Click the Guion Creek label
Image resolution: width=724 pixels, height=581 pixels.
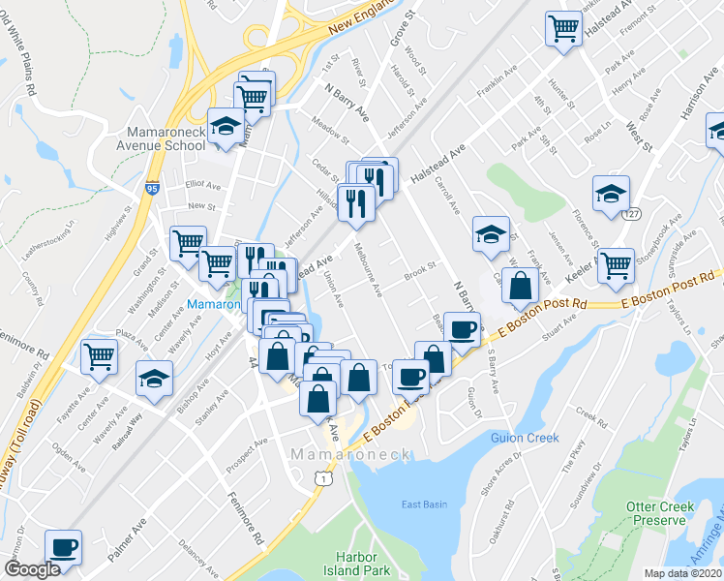click(x=528, y=438)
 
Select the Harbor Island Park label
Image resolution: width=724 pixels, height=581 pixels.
click(x=361, y=564)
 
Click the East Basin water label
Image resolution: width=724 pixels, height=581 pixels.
click(x=424, y=505)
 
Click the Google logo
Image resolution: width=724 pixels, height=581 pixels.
click(x=32, y=569)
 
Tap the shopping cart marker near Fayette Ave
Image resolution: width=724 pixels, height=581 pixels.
click(x=100, y=357)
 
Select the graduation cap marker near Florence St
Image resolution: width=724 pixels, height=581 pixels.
click(x=612, y=193)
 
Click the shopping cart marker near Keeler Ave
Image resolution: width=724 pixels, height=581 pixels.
click(x=616, y=265)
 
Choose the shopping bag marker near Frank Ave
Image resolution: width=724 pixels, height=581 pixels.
click(x=521, y=285)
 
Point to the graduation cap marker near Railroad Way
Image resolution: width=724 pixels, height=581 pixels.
click(x=155, y=379)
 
